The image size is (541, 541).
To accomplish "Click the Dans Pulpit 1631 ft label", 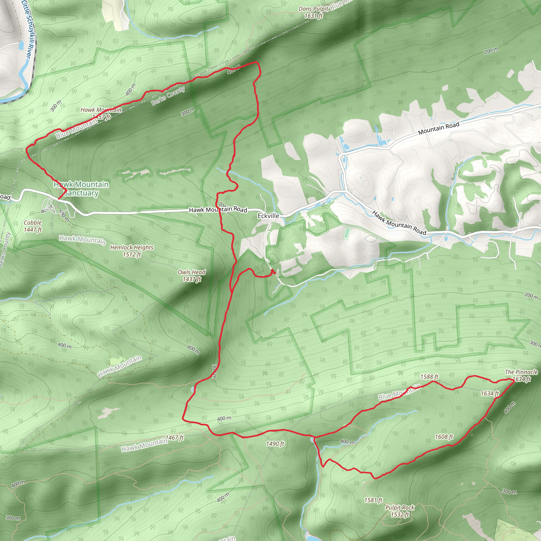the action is coord(313,13).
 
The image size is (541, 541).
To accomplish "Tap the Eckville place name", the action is coord(268,216).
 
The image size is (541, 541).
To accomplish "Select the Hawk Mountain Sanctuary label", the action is coord(81,189).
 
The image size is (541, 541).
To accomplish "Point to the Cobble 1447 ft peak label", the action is coord(33,226).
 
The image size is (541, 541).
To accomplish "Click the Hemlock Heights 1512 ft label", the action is coord(132,251).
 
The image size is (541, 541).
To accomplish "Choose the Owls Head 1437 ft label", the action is coord(192,276).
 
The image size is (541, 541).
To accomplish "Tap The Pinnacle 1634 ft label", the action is coord(521,376).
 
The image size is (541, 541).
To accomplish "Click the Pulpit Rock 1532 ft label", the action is coord(400,511).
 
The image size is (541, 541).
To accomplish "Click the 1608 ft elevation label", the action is coord(444,437).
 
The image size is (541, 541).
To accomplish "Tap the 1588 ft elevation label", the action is coord(429,377).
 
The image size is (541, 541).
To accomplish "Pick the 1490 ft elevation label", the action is coord(275,444).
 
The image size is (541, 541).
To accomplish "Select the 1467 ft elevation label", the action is coord(174,438).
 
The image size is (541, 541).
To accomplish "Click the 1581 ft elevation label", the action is coord(373,500).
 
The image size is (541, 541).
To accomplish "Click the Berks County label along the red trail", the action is coord(168,96).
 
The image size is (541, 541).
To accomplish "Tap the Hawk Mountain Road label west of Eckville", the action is coord(218,209).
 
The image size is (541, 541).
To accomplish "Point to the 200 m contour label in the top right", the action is coord(491,50).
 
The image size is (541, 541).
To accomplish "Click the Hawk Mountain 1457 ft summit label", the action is coord(101,113).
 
